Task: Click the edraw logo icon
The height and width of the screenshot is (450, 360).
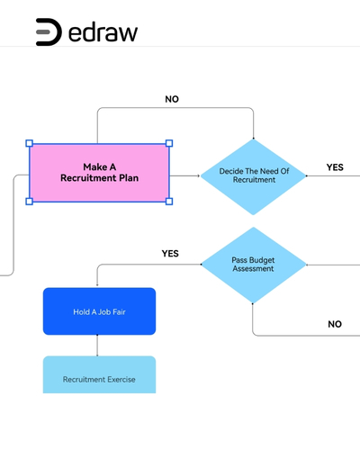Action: click(x=49, y=32)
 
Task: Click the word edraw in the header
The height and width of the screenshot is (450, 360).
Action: click(x=103, y=31)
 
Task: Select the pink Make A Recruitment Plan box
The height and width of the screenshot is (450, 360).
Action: click(x=99, y=173)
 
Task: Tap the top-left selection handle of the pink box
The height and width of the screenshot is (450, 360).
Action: click(x=30, y=143)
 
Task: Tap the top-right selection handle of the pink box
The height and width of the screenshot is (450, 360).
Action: click(x=169, y=143)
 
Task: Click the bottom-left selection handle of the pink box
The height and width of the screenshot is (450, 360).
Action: click(x=30, y=202)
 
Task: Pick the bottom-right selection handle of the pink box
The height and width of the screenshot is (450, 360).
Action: click(x=169, y=202)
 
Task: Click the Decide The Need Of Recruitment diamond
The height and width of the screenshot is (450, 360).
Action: click(x=254, y=176)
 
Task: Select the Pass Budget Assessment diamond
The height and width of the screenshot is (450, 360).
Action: click(x=254, y=265)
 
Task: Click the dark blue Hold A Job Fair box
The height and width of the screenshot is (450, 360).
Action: click(x=99, y=311)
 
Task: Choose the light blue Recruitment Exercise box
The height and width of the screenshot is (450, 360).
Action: click(x=99, y=374)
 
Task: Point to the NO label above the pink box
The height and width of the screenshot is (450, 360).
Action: click(x=172, y=99)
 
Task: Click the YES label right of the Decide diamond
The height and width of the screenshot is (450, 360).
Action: click(x=335, y=167)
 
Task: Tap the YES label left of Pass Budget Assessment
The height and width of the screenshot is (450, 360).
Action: click(x=170, y=254)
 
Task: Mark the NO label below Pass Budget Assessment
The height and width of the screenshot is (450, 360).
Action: click(x=335, y=324)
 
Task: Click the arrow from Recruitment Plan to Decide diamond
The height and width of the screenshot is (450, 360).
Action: click(x=184, y=175)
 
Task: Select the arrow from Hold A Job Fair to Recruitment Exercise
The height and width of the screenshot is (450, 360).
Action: click(x=97, y=346)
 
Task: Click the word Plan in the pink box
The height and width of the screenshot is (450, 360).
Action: click(x=129, y=178)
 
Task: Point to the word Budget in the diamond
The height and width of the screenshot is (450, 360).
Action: click(x=262, y=260)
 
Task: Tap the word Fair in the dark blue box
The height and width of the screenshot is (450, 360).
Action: click(x=119, y=312)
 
